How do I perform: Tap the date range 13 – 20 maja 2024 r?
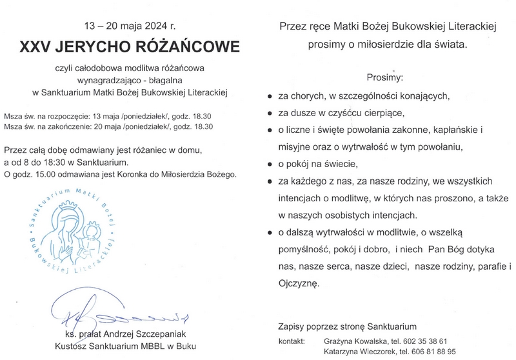pyautogui.click(x=129, y=27)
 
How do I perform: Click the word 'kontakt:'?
pyautogui.click(x=292, y=341)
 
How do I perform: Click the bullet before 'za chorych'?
pyautogui.click(x=270, y=95)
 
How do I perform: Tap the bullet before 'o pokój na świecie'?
pyautogui.click(x=270, y=161)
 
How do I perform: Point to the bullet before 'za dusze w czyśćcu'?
pyautogui.click(x=270, y=112)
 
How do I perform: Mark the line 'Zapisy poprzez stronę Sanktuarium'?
pyautogui.click(x=347, y=326)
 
